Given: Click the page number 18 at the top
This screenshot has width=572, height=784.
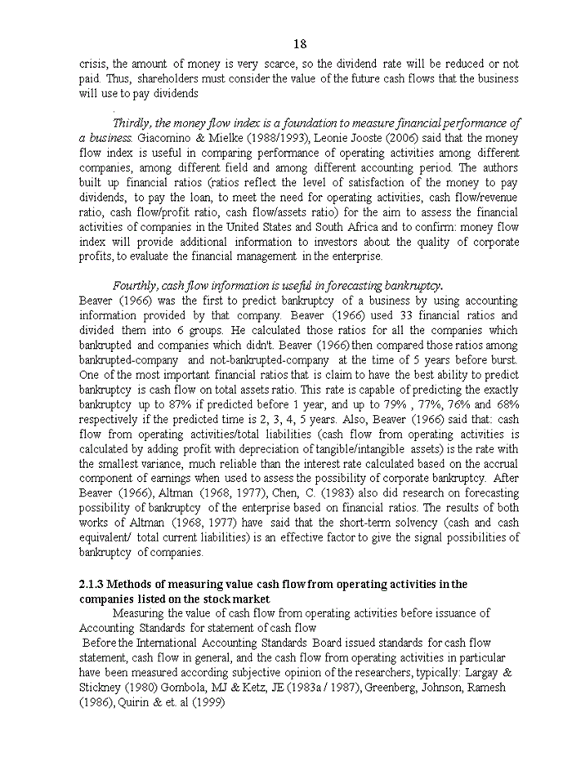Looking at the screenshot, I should click(x=300, y=44).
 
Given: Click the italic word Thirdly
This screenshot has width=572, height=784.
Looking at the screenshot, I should click(x=132, y=123).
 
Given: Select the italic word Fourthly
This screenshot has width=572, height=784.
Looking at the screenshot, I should click(x=136, y=285).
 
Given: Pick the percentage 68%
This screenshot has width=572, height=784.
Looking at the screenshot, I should click(x=505, y=404).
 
